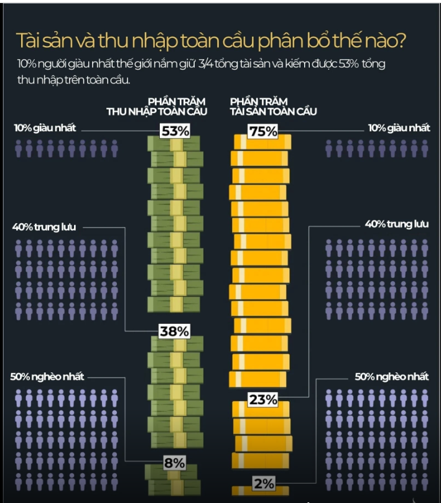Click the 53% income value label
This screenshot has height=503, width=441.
coord(174,131)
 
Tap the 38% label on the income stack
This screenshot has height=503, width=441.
coord(174,331)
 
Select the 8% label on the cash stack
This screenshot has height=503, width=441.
coord(174,463)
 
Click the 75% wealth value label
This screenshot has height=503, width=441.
coord(262,131)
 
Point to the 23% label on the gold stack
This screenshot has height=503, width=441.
coord(262,400)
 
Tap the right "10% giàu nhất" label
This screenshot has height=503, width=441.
coord(399,128)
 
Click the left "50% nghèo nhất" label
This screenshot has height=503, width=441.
coord(47,377)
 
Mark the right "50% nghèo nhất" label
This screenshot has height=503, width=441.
coord(392,377)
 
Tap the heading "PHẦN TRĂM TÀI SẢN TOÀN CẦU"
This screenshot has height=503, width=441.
coord(274,106)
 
